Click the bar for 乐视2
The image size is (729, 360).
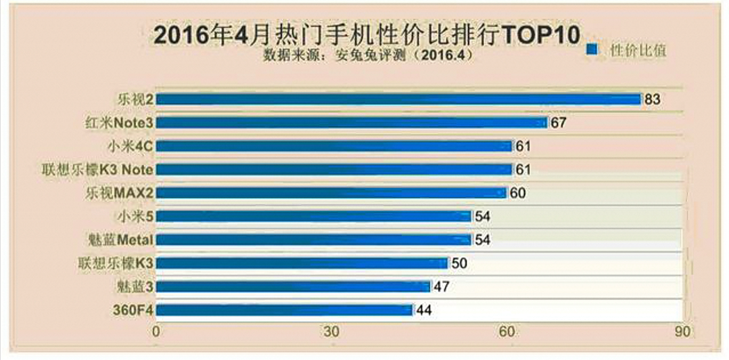pyautogui.click(x=398, y=99)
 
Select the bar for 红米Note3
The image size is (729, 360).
pyautogui.click(x=352, y=122)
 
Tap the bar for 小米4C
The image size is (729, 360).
pyautogui.click(x=334, y=146)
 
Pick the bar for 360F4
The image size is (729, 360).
pyautogui.click(x=284, y=310)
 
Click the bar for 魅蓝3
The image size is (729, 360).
pyautogui.click(x=293, y=286)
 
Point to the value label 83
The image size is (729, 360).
pyautogui.click(x=652, y=99)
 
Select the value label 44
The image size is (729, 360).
pyautogui.click(x=424, y=310)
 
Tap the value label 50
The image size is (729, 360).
pyautogui.click(x=459, y=263)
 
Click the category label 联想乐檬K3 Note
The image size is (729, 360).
pyautogui.click(x=97, y=169)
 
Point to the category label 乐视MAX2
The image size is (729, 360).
pyautogui.click(x=120, y=193)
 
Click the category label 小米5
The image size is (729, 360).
pyautogui.click(x=135, y=217)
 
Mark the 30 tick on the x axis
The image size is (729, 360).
pyautogui.click(x=331, y=332)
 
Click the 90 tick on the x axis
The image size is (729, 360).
pyautogui.click(x=683, y=332)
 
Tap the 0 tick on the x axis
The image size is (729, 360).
pyautogui.click(x=156, y=332)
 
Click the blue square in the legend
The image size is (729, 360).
pyautogui.click(x=591, y=49)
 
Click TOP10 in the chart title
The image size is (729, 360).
pyautogui.click(x=538, y=34)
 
